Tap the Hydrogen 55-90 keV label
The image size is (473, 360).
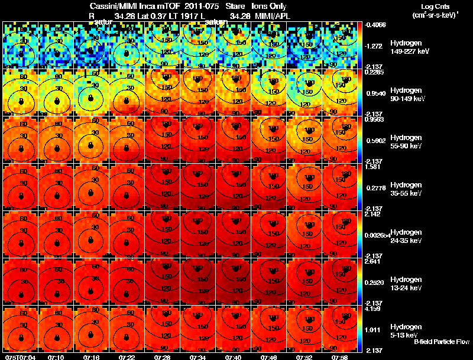(x=406, y=142)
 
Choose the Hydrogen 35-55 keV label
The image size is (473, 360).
(x=406, y=189)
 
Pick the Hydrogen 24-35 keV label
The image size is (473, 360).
(x=406, y=236)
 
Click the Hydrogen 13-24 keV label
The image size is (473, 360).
(x=406, y=284)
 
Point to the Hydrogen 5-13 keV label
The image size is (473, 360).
(x=405, y=330)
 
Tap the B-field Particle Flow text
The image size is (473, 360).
(x=442, y=342)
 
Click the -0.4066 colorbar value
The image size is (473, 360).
(x=377, y=25)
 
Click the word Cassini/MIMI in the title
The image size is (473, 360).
(x=109, y=6)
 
